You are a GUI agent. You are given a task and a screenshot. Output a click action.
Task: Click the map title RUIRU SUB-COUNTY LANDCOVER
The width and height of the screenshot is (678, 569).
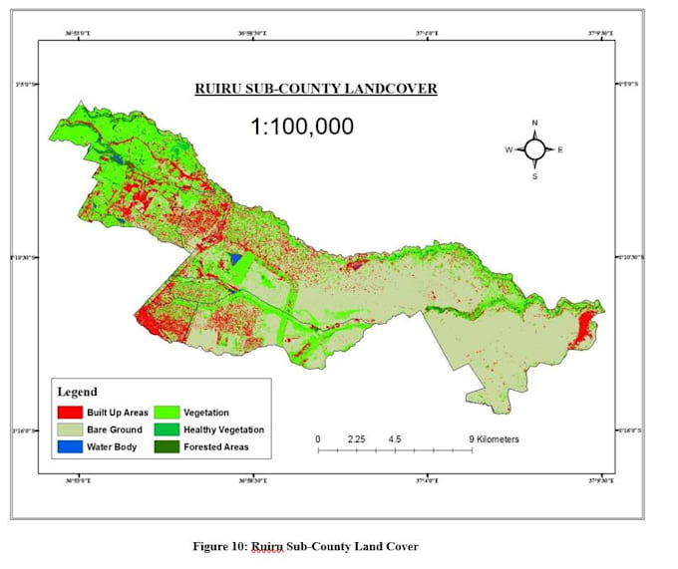click(315, 90)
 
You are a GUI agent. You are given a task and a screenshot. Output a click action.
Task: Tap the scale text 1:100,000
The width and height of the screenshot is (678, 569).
click(301, 127)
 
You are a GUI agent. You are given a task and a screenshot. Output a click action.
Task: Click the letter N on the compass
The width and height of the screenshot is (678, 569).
click(534, 123)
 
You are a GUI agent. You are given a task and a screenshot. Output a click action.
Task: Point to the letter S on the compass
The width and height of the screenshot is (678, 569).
click(534, 176)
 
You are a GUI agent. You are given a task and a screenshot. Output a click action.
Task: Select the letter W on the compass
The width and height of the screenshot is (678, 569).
click(508, 150)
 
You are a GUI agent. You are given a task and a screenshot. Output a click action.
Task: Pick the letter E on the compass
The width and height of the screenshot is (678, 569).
click(560, 150)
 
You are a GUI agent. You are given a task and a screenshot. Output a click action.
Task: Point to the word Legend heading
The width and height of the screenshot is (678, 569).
click(78, 392)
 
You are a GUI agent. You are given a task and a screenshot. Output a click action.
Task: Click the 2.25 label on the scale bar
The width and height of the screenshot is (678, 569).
click(358, 438)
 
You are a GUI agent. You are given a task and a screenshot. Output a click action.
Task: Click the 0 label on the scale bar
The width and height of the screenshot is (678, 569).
click(318, 438)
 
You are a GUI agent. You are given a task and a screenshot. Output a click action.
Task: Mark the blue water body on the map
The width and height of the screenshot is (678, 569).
click(235, 258)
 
